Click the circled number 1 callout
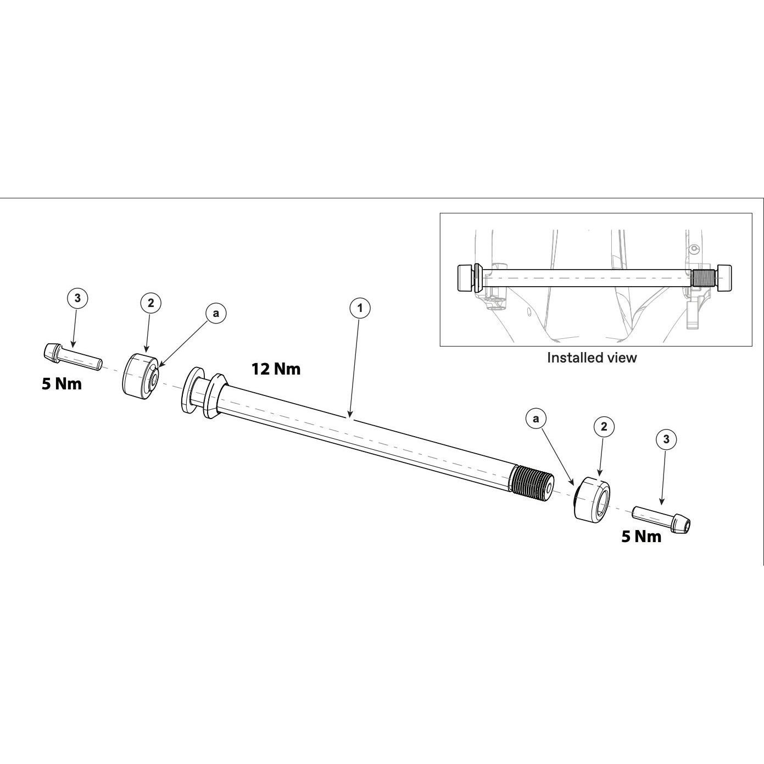point(360,308)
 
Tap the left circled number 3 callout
point(77,298)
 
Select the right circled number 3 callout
point(666,439)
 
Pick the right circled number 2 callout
point(604,426)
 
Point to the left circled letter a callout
point(216,313)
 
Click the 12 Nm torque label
point(276,369)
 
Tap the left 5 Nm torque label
point(62,383)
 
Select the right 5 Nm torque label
point(642,536)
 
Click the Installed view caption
point(592,358)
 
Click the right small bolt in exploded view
point(662,518)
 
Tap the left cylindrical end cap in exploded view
point(140,376)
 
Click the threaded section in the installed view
point(700,278)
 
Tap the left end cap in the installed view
point(466,278)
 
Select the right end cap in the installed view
point(723,278)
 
